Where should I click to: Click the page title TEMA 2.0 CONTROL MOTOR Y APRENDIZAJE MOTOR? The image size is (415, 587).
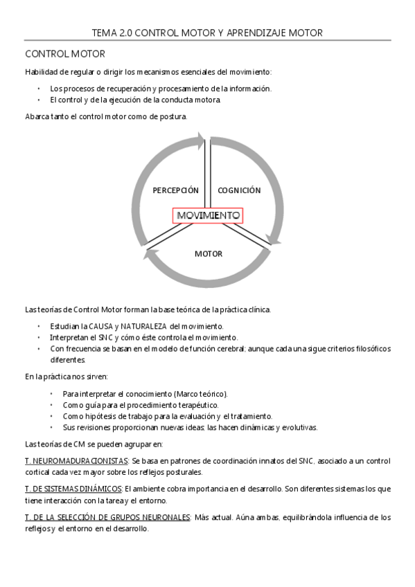point(207,33)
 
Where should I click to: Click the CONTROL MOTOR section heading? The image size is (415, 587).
point(65,54)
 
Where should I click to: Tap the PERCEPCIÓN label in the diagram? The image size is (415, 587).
point(175,190)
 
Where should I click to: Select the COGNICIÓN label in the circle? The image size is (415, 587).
point(239,190)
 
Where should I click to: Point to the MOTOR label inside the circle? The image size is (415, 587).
point(208,253)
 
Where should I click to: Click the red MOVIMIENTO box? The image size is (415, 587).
point(208,216)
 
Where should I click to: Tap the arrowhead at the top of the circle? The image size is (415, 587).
point(202,141)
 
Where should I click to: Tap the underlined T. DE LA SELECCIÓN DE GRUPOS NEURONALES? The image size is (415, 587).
point(107,517)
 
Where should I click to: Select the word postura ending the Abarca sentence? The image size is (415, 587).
point(173,117)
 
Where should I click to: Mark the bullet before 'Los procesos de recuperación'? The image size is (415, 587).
point(40,89)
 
